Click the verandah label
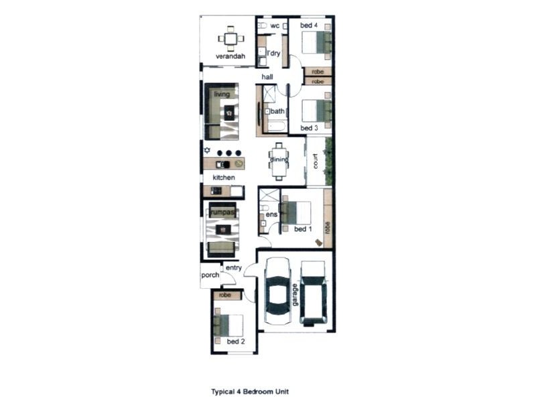tap(230, 56)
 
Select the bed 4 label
tap(309, 25)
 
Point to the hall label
tap(267, 77)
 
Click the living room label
tap(222, 94)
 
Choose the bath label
tap(277, 111)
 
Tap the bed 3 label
tap(308, 128)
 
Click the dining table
tap(279, 160)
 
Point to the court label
tap(314, 161)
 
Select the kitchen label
tap(224, 178)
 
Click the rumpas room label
tap(222, 212)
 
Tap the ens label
tap(271, 214)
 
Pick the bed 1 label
tap(303, 229)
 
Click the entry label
tap(233, 268)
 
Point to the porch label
tap(210, 274)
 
